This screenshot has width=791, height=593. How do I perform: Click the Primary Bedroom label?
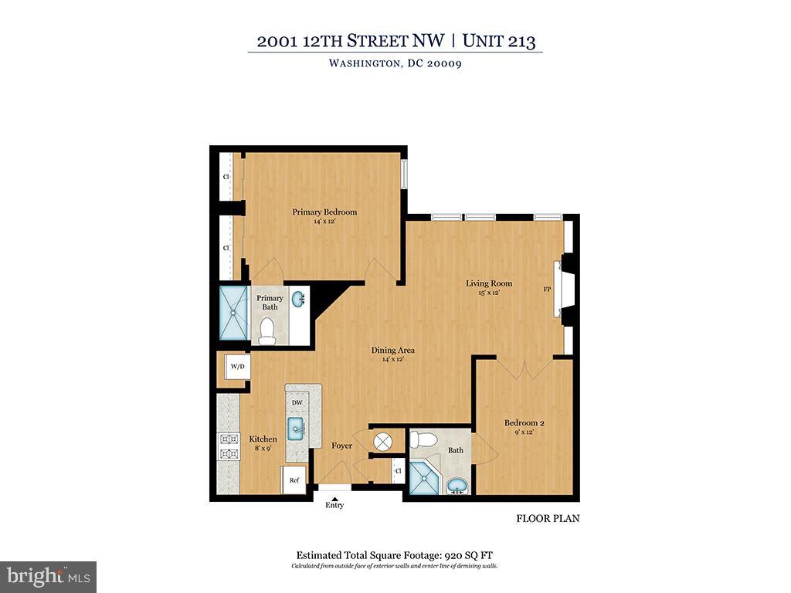(324, 212)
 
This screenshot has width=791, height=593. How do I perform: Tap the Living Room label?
(489, 283)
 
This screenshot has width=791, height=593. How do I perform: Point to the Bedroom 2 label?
(525, 422)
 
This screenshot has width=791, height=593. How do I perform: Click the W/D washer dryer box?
(236, 366)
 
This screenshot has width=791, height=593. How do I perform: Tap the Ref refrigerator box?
(294, 479)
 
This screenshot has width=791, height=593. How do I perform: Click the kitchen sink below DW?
(297, 429)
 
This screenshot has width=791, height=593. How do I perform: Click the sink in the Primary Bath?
(300, 301)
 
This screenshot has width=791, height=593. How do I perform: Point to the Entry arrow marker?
(334, 498)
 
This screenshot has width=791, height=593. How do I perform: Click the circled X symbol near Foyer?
(384, 442)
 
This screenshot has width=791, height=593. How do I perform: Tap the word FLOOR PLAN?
(548, 519)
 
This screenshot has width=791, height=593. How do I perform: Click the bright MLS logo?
(48, 576)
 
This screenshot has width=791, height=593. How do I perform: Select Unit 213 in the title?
(499, 42)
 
